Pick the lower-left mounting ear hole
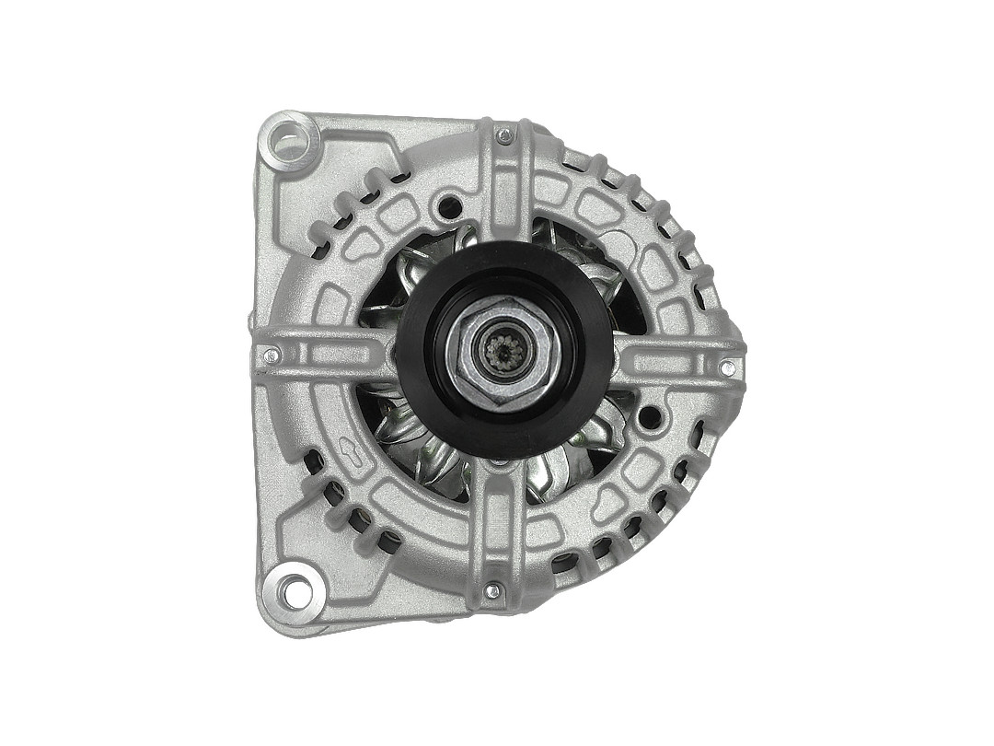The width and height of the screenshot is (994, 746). pyautogui.click(x=294, y=590)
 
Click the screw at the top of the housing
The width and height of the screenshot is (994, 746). pyautogui.click(x=503, y=136)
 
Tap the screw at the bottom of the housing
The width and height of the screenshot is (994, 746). pyautogui.click(x=493, y=590)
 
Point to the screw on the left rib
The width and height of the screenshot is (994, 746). pyautogui.click(x=270, y=354)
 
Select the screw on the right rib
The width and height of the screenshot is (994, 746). pyautogui.click(x=727, y=368)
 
